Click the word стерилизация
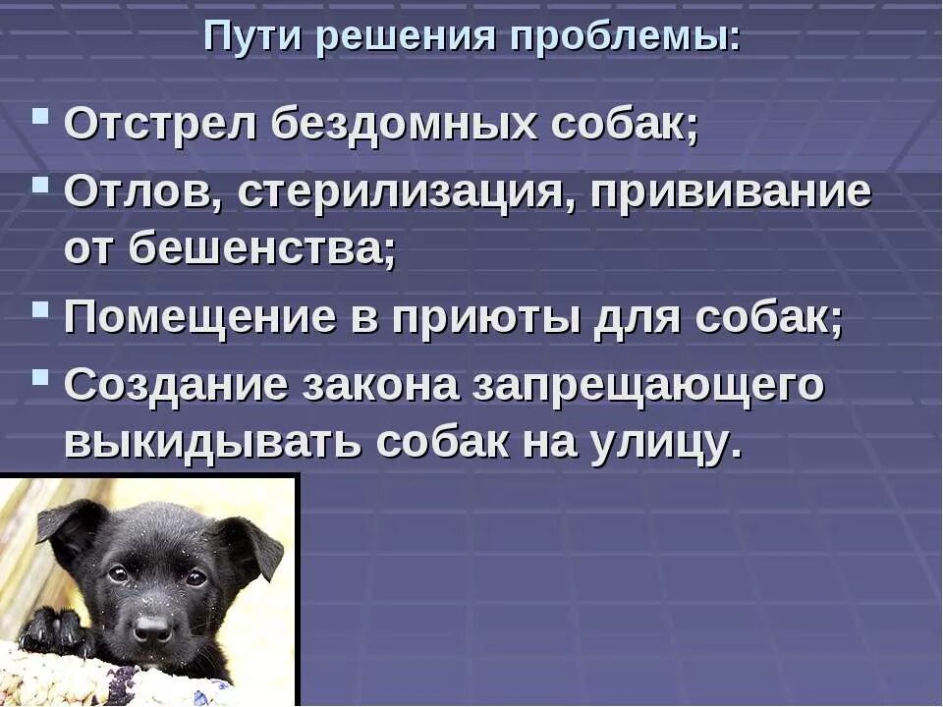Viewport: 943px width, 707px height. pos(398,191)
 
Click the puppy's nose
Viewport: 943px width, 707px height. pos(153,627)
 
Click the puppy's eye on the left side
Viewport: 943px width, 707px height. pos(118,573)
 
